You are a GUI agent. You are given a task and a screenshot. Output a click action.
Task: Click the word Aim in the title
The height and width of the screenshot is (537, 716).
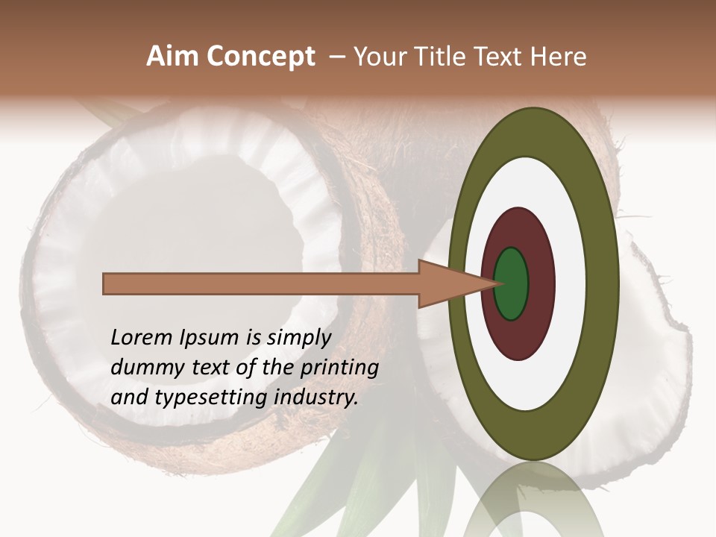coord(172,57)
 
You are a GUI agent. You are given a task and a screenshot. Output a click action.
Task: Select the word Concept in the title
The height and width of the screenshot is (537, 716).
coord(260,57)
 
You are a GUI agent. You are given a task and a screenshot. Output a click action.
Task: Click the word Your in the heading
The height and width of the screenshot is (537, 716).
coord(380,57)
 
